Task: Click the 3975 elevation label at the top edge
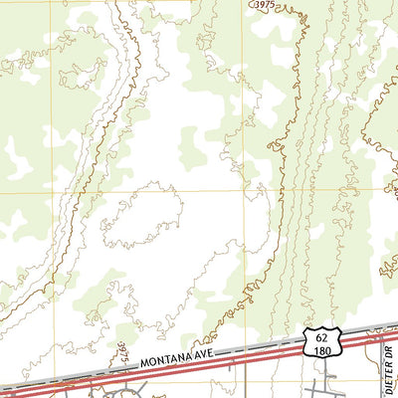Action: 262,6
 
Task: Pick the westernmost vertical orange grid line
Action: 54,99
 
